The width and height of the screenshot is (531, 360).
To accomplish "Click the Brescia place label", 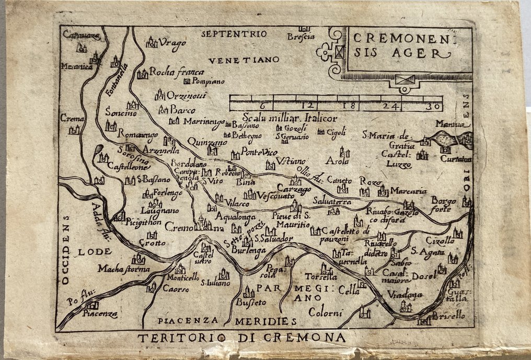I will [x=301, y=36].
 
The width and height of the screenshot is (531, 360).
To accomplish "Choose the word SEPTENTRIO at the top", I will [x=234, y=34].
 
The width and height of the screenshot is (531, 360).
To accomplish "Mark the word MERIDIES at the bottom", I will [x=265, y=320].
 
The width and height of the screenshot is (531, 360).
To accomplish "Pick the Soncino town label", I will [x=121, y=112].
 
